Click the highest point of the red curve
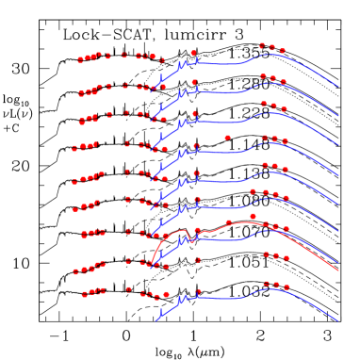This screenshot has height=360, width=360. [x=247, y=222]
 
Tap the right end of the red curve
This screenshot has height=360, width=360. [x=338, y=270]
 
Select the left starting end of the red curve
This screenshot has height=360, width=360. [x=151, y=264]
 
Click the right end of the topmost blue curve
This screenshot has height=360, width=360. [x=338, y=87]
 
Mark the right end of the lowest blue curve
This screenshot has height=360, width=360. [x=338, y=321]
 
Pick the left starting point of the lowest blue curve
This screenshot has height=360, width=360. [x=156, y=320]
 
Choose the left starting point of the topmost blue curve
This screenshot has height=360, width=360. [x=156, y=86]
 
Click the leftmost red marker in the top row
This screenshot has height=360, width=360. [x=80, y=60]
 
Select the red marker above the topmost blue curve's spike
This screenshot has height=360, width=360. [x=193, y=54]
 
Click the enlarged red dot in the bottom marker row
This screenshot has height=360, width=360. [x=166, y=295]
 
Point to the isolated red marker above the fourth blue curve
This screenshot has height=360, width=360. [x=227, y=138]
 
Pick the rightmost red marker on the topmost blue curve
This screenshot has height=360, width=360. [x=283, y=51]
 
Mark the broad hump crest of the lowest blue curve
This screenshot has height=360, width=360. [x=269, y=289]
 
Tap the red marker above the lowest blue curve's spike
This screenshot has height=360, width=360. [x=198, y=291]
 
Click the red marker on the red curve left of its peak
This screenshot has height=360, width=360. [x=229, y=222]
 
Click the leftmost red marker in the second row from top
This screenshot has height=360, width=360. [x=82, y=94]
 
